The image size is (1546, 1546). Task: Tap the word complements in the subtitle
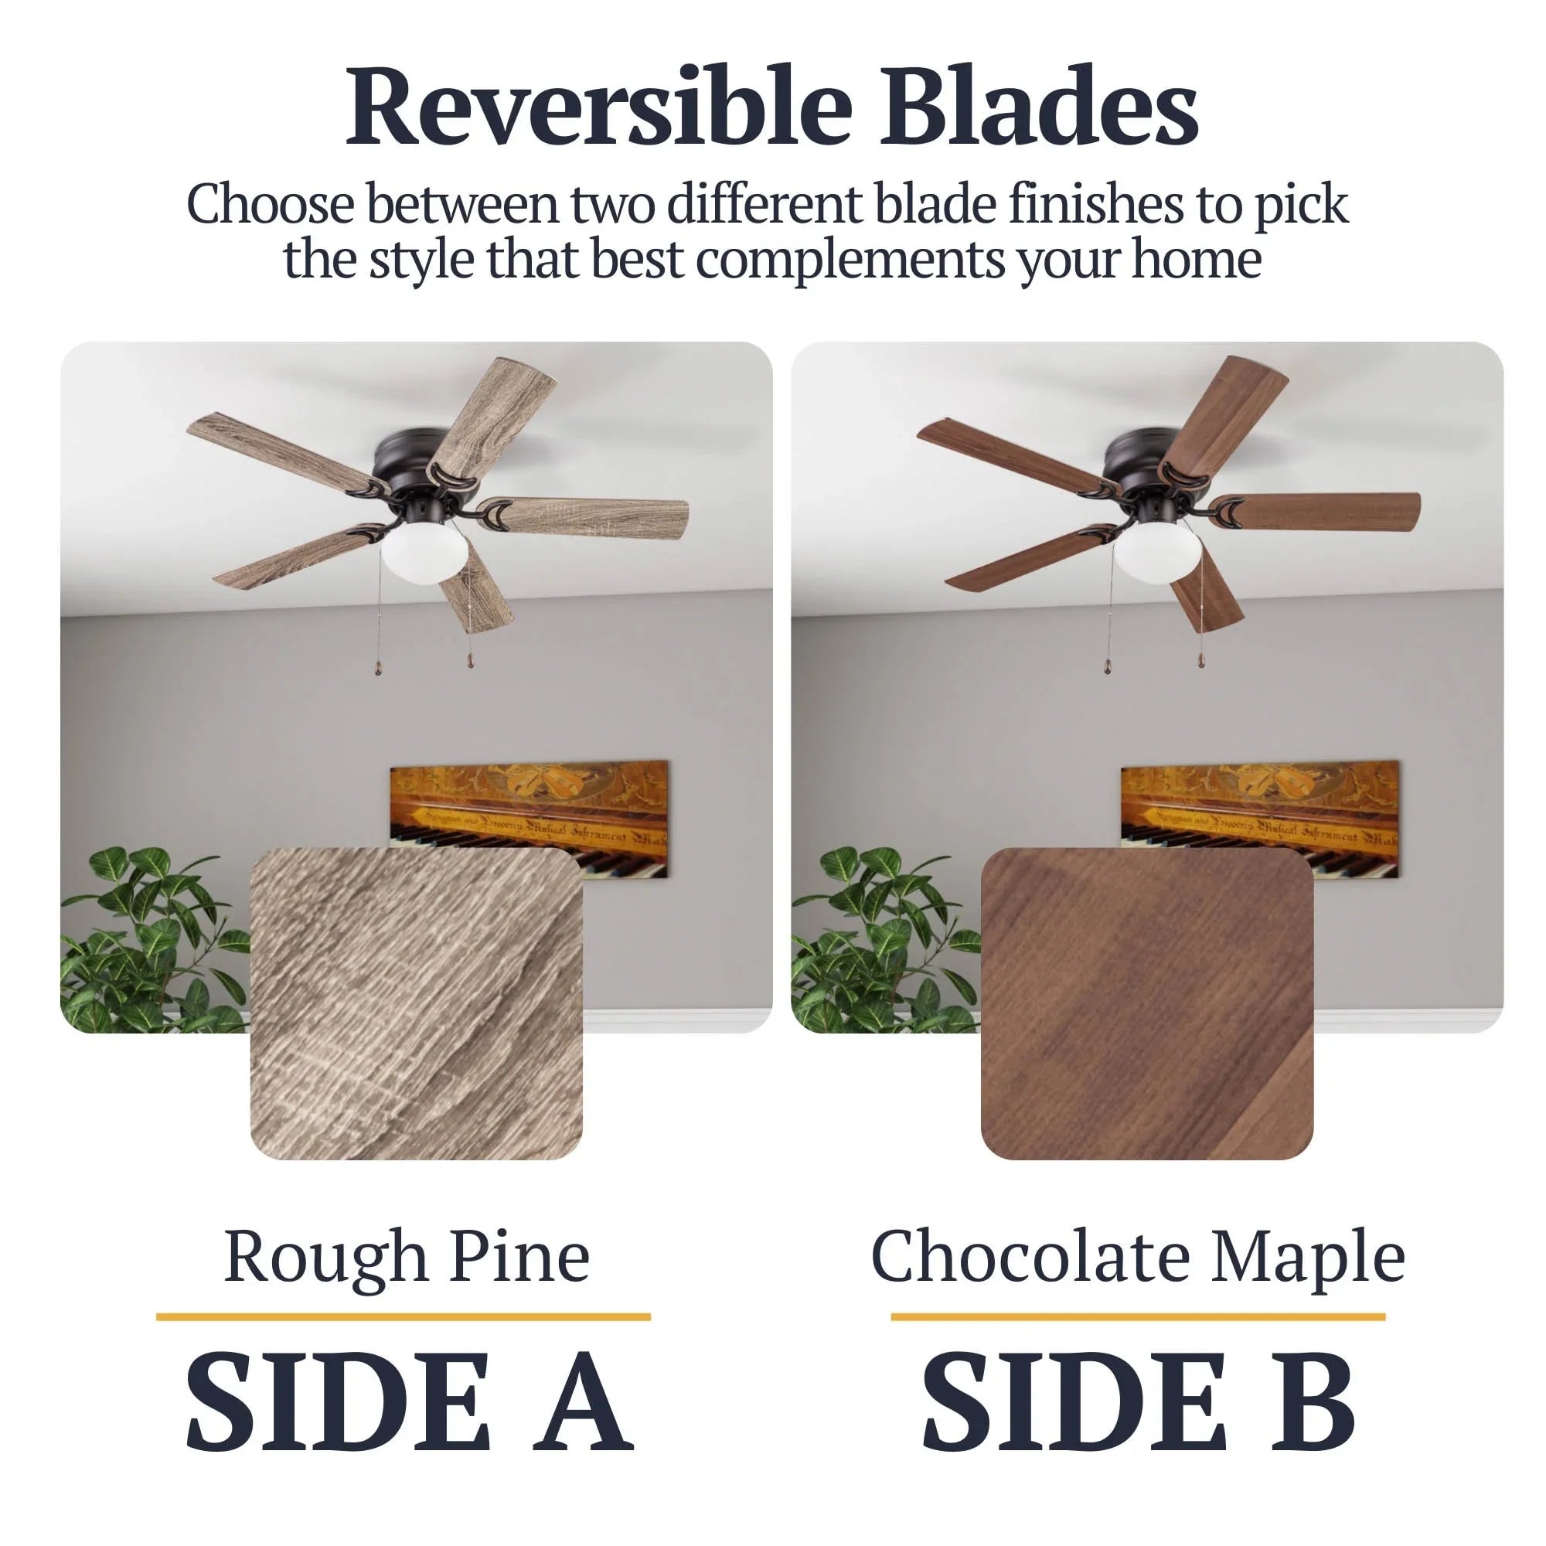pos(850,261)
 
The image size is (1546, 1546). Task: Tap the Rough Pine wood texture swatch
pos(416,1003)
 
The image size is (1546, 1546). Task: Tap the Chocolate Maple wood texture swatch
pos(1146,1003)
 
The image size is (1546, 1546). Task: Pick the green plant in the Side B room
pos(884,940)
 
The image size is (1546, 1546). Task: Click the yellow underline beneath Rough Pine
pos(404,1317)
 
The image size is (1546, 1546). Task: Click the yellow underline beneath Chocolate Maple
pos(1138,1317)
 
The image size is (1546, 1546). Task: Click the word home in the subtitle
pos(1197,261)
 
